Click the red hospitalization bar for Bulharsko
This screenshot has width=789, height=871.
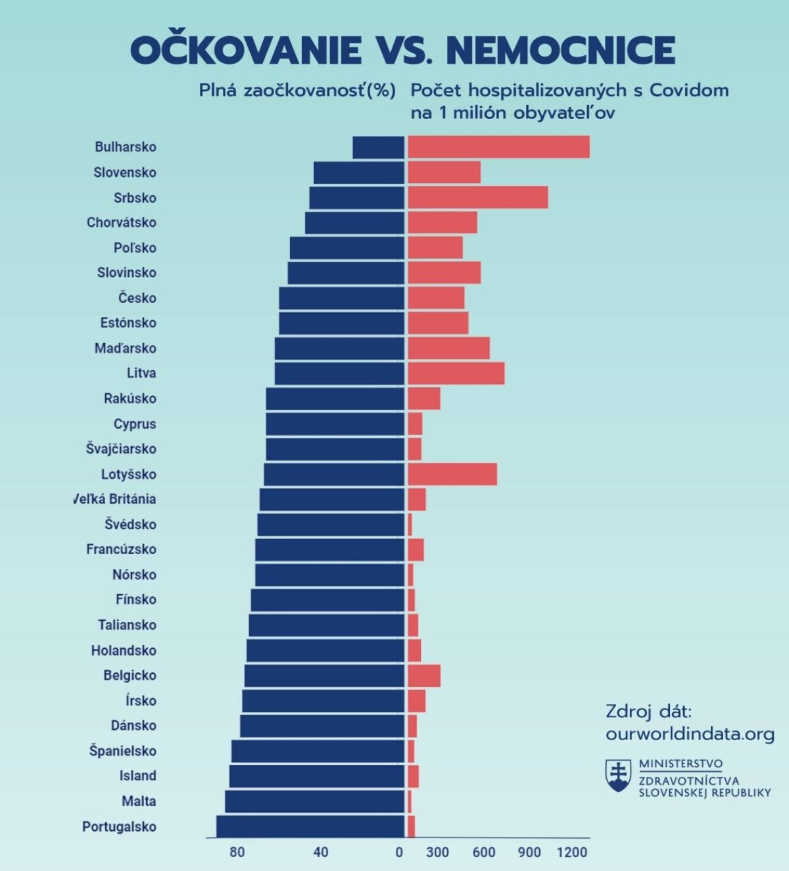pyautogui.click(x=498, y=147)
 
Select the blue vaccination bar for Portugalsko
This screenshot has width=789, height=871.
pyautogui.click(x=310, y=826)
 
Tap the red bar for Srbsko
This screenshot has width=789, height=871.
pyautogui.click(x=477, y=197)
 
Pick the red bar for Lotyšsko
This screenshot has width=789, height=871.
pyautogui.click(x=452, y=474)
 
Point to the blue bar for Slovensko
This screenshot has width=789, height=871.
pyautogui.click(x=359, y=172)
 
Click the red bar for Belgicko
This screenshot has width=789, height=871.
pyautogui.click(x=424, y=675)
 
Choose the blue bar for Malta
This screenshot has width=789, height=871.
pyautogui.click(x=314, y=801)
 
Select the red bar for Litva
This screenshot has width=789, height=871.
pyautogui.click(x=456, y=373)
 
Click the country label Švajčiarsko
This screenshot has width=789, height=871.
pyautogui.click(x=121, y=449)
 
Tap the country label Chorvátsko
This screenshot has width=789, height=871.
pyautogui.click(x=122, y=222)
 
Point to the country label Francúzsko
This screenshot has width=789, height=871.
pyautogui.click(x=121, y=549)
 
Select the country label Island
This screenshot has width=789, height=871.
pyautogui.click(x=138, y=776)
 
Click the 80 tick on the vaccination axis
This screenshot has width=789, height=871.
pyautogui.click(x=237, y=853)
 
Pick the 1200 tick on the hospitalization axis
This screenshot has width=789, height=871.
pyautogui.click(x=571, y=853)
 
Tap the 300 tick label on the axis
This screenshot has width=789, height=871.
pyautogui.click(x=437, y=853)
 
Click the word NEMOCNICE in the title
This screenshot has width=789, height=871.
pyautogui.click(x=561, y=51)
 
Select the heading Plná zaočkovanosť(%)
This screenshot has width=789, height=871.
pyautogui.click(x=297, y=91)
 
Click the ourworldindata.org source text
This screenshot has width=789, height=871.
pyautogui.click(x=690, y=734)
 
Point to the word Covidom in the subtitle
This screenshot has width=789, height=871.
pyautogui.click(x=689, y=91)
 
